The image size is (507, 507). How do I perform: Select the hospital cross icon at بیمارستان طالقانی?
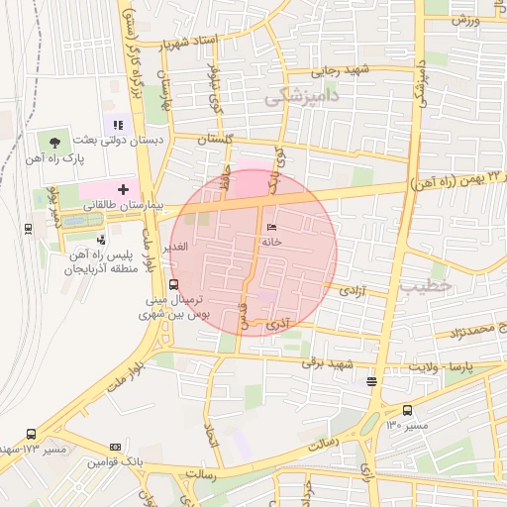tap(123, 188)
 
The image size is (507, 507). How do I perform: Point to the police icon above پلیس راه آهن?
tap(101, 239)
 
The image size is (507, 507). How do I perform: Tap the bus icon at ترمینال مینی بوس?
tap(174, 284)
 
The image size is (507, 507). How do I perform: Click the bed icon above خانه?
tap(271, 228)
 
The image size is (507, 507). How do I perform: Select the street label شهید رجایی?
tap(341, 70)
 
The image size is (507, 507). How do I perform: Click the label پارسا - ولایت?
tap(471, 367)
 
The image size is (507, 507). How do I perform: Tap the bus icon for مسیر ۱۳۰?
tap(407, 411)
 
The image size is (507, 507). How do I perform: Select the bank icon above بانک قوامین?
tap(114, 448)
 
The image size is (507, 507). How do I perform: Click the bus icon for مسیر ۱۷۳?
tap(32, 433)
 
